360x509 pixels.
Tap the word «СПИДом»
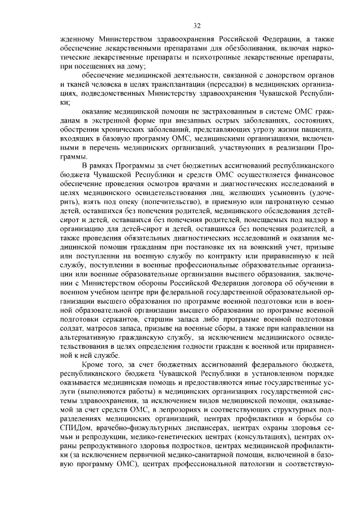pos(73,428)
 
